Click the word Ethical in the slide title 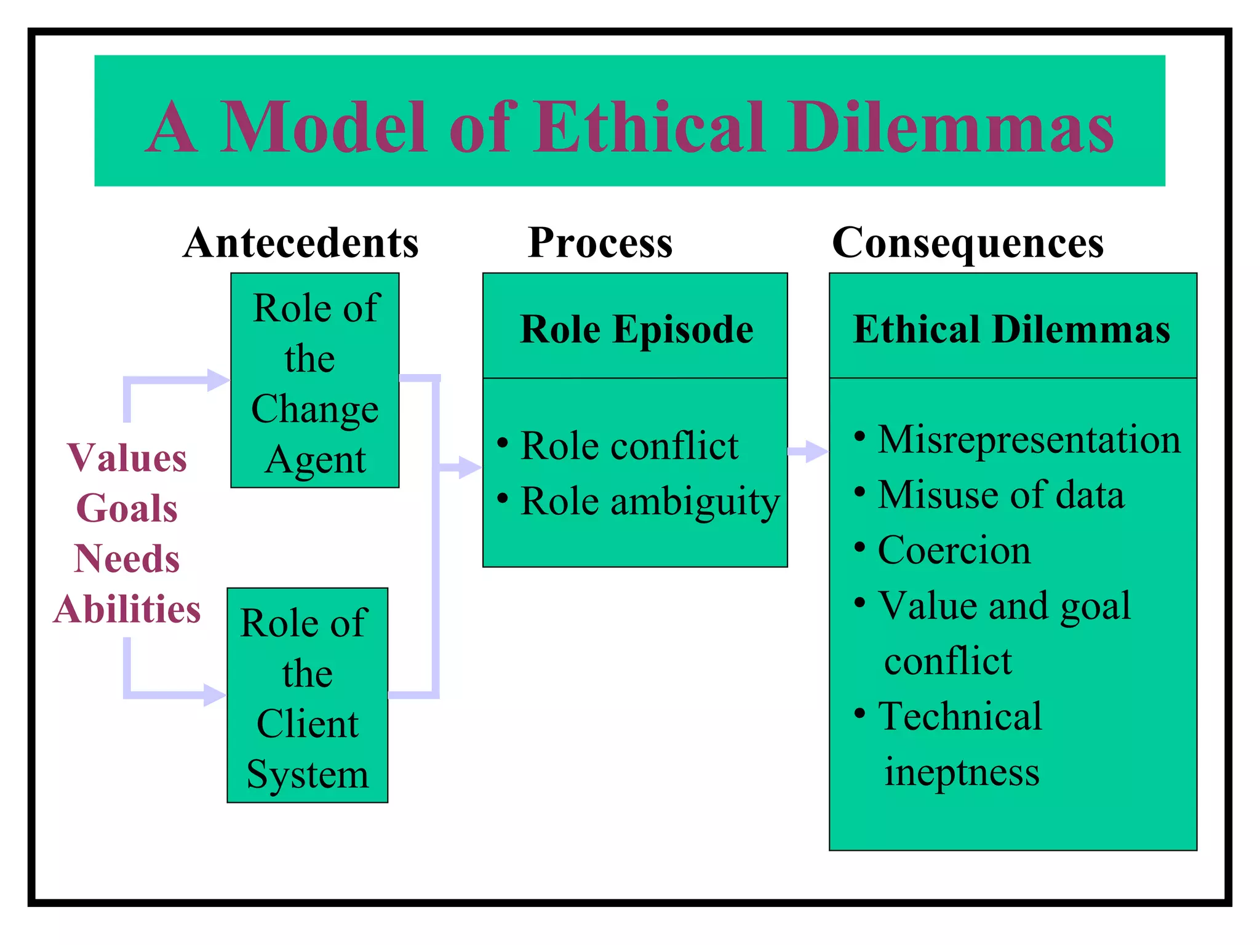coord(650,127)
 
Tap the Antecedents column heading coord(301,242)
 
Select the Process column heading coord(600,242)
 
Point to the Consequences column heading coord(968,242)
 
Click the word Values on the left coord(127,458)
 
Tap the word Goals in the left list coord(127,509)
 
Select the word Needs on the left coord(127,559)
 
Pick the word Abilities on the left coord(127,609)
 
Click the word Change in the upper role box coord(315,409)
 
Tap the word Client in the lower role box coord(308,724)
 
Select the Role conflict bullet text coord(629,445)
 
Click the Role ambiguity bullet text coord(650,501)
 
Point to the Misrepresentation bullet coord(1029,439)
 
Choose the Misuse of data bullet coord(1001,495)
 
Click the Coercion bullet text coord(954,550)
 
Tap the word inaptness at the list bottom coord(962,772)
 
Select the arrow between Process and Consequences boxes coord(808,452)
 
